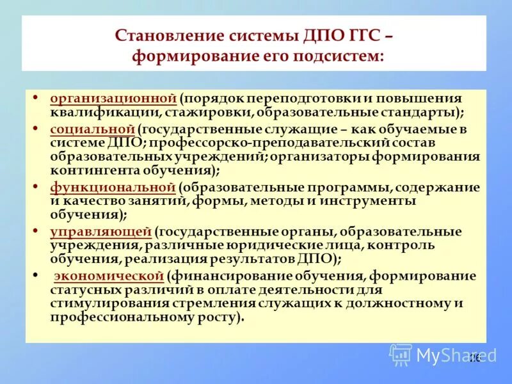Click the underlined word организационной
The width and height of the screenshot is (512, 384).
click(113, 99)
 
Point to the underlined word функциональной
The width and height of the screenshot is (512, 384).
click(113, 187)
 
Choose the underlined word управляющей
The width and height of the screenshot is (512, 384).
click(100, 232)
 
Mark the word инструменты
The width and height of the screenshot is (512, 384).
click(376, 200)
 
